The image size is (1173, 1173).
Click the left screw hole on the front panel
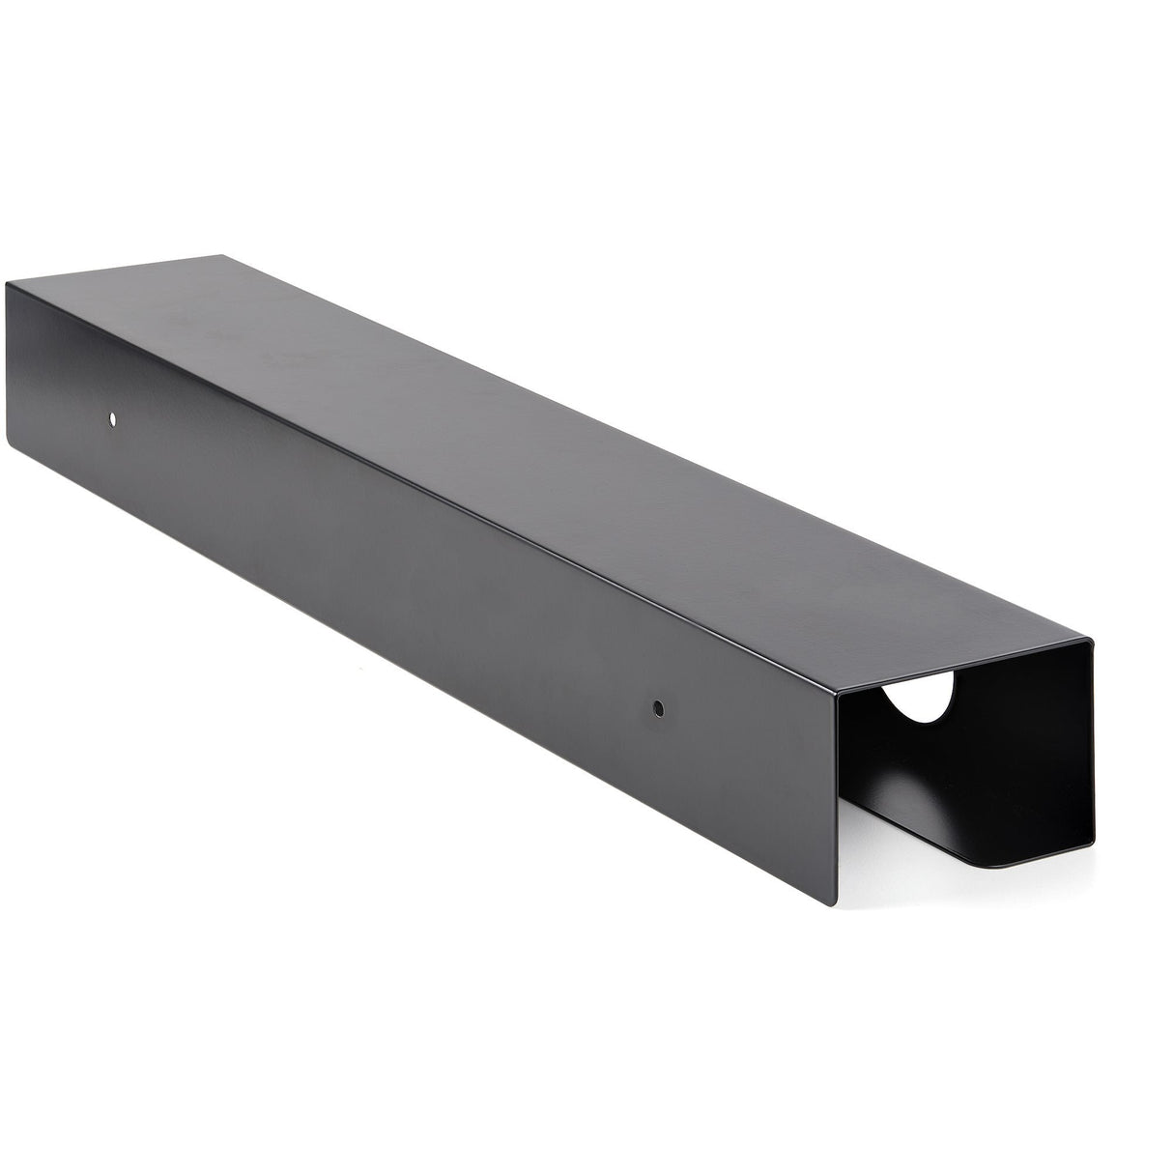(112, 419)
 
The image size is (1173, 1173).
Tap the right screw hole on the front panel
(658, 708)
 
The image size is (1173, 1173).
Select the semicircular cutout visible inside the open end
(919, 696)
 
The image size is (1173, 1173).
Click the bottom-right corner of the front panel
(833, 904)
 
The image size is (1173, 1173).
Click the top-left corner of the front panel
(8, 283)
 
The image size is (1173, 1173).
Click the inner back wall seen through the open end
(1024, 734)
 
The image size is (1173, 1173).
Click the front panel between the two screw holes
(386, 570)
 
